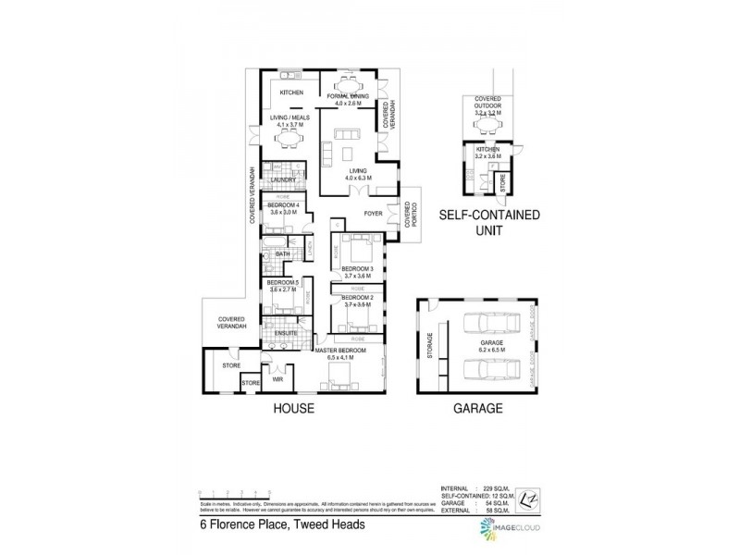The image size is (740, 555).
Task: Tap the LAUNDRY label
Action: tap(284, 180)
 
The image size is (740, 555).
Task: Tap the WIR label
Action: tap(277, 379)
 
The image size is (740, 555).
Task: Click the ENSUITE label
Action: tap(285, 332)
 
